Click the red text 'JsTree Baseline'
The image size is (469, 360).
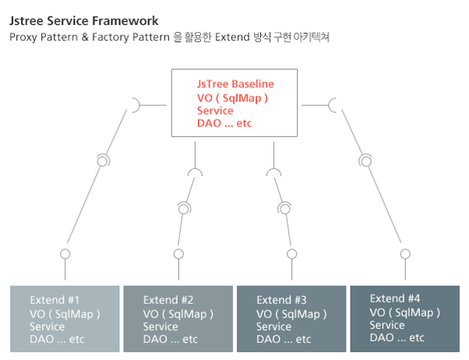click(x=235, y=84)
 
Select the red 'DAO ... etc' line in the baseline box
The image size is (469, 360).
click(x=224, y=123)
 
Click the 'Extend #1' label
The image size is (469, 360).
click(x=55, y=300)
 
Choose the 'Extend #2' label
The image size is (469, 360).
click(x=168, y=300)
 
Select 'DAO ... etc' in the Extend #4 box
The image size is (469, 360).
click(x=397, y=337)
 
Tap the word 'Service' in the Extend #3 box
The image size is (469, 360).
click(x=273, y=326)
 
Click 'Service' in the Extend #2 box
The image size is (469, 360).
click(x=160, y=326)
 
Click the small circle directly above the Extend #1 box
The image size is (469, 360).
click(x=65, y=254)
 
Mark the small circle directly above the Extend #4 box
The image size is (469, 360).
click(x=405, y=254)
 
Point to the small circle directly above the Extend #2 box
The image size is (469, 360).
click(x=178, y=254)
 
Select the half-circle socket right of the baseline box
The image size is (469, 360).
click(x=334, y=104)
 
